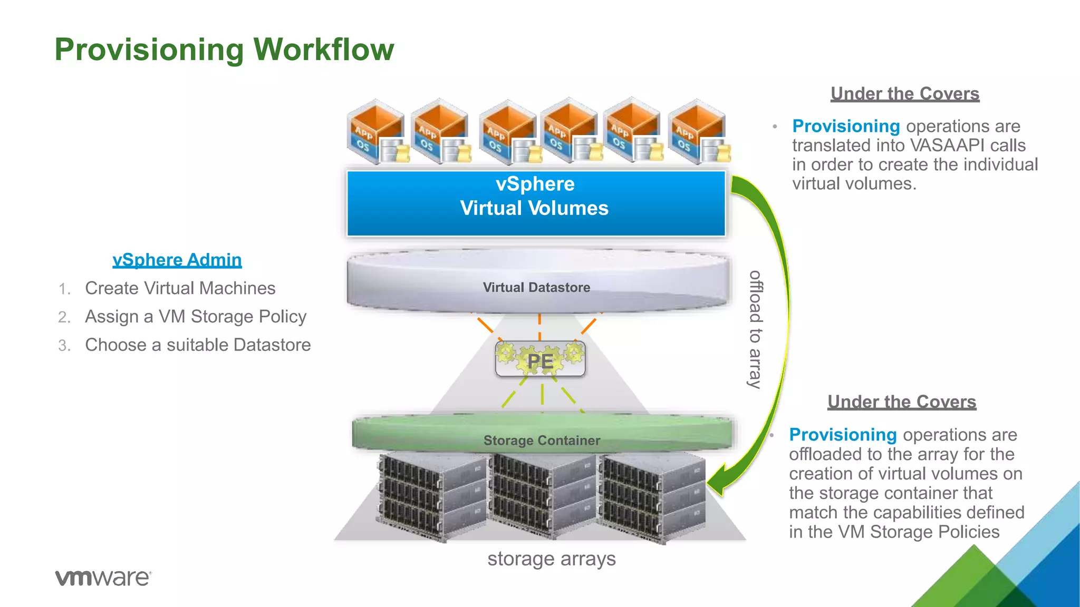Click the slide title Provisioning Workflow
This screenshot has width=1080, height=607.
click(x=224, y=50)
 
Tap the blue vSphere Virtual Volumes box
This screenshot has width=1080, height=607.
click(x=535, y=203)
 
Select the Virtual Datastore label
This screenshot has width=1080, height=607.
click(x=536, y=287)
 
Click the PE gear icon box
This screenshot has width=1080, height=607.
click(x=540, y=360)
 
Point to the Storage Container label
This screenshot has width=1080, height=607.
click(x=542, y=440)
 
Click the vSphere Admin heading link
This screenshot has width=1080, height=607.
click(x=177, y=260)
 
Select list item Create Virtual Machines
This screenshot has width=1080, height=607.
click(x=180, y=288)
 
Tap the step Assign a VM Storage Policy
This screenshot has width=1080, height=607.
click(x=195, y=317)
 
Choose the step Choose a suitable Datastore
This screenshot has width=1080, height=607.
click(x=198, y=345)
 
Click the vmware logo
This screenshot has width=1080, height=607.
click(x=103, y=577)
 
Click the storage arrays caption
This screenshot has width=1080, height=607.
click(x=551, y=559)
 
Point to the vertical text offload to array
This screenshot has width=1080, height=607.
click(x=756, y=329)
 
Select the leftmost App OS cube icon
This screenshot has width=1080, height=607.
click(x=375, y=132)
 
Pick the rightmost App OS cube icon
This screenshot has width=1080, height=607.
click(x=698, y=132)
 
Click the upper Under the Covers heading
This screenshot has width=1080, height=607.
click(x=905, y=94)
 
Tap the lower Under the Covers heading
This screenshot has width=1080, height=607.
click(x=902, y=402)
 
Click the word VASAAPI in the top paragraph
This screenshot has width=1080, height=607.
click(x=947, y=145)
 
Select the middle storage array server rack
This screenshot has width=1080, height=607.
click(x=543, y=495)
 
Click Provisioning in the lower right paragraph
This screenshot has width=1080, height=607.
click(x=843, y=435)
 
